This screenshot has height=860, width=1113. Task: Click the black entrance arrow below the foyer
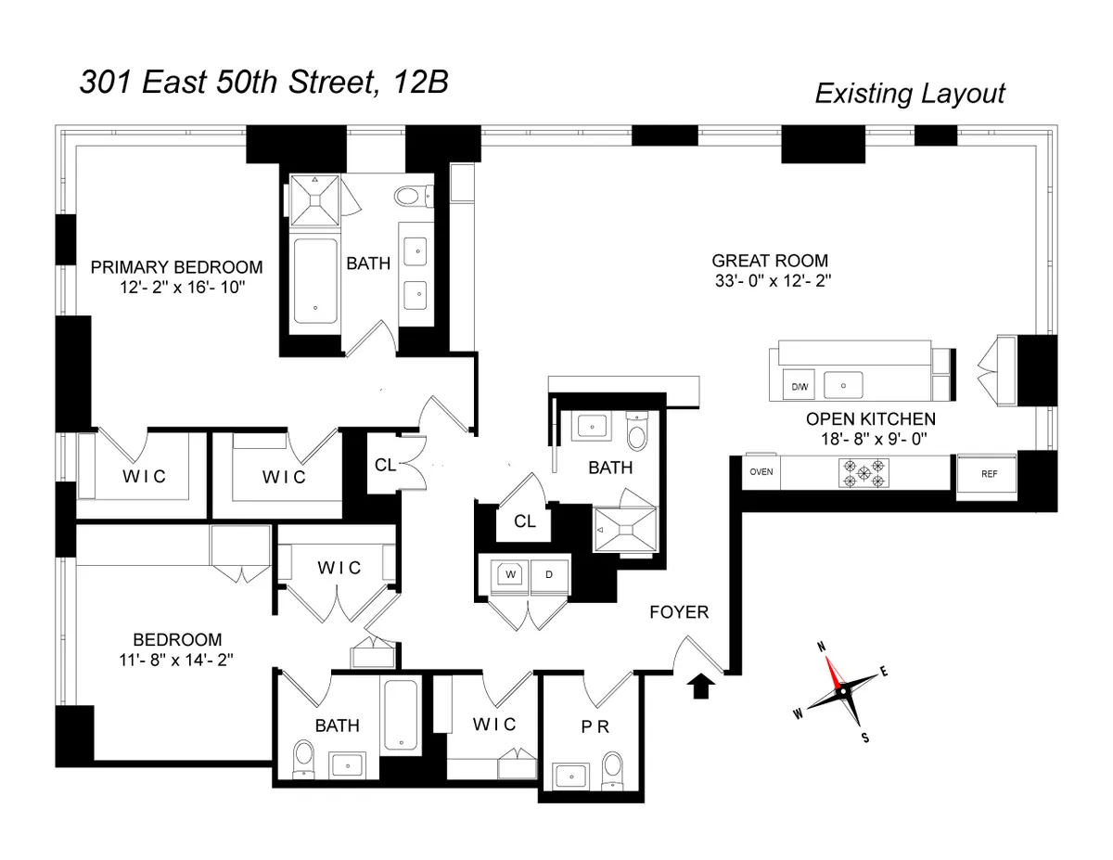pos(702,686)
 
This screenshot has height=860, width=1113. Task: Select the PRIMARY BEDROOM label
pos(176,267)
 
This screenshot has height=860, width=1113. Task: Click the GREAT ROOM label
pos(769,261)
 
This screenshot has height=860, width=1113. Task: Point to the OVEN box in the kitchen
pos(761,471)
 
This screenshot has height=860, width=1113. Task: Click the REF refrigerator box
pos(989,473)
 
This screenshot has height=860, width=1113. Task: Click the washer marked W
pos(509,574)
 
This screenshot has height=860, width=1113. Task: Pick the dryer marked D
pos(549,574)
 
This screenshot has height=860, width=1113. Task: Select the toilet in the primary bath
pos(409,197)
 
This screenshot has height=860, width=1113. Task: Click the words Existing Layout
pos(909,94)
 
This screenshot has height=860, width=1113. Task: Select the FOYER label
pos(679,612)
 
